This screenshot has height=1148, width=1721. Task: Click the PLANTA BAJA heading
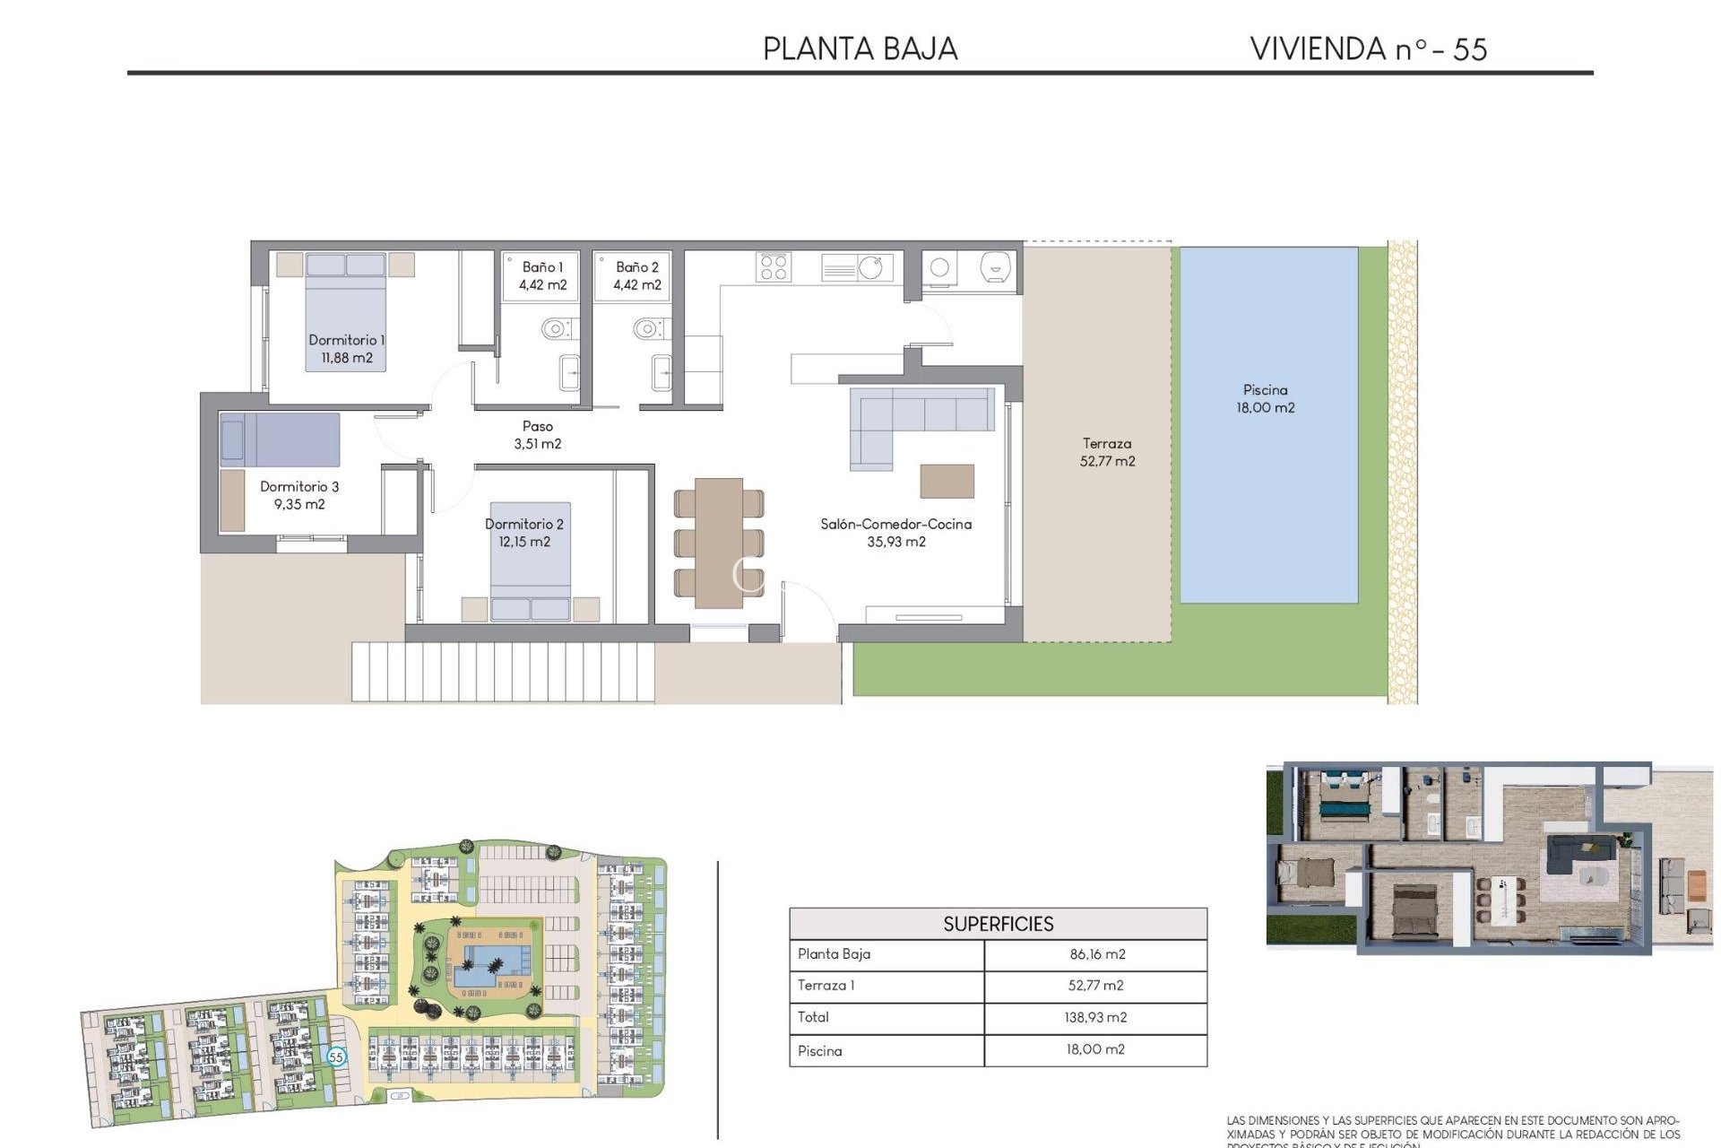pos(860,48)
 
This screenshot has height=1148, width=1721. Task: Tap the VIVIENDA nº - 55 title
pos(1368,48)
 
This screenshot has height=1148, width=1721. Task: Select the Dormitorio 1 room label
pos(346,348)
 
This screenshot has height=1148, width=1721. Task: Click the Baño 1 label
pos(542,275)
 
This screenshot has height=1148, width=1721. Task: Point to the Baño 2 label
pos(636,275)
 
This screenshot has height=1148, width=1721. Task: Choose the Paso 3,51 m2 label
pos(538,435)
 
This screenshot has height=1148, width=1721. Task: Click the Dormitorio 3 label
pos(299,495)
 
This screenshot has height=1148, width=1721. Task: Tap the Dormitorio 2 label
pos(524,533)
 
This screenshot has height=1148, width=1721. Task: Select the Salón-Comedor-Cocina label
pos(895,533)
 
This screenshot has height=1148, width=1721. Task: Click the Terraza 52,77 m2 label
pos(1107,452)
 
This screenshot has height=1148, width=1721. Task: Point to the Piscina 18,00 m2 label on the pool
pos(1265,398)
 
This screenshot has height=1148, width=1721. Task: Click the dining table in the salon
pos(718,542)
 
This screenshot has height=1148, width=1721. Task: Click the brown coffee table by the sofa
pos(947,481)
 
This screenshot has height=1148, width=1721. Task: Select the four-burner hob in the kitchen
pos(773,267)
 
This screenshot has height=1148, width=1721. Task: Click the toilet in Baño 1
pos(556,328)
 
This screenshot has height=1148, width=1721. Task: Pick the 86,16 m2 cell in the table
pos(1096,954)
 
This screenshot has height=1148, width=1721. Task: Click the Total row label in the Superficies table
pos(813,1017)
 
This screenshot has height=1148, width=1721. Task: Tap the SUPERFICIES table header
pos(998,924)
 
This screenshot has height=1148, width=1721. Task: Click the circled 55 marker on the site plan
pos(336,1057)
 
